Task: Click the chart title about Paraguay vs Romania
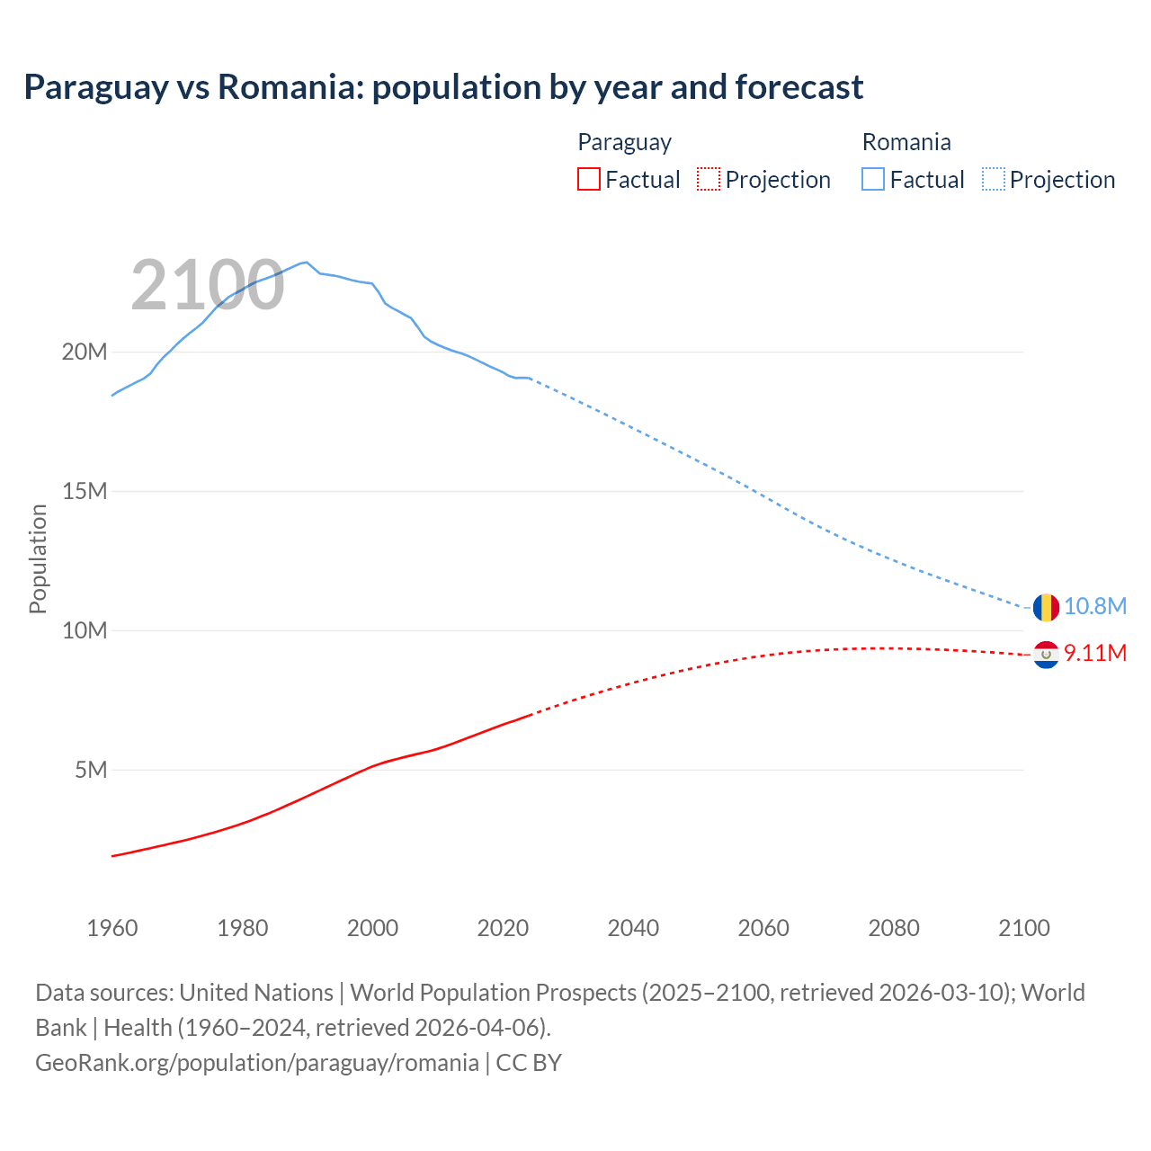tap(443, 87)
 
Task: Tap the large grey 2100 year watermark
tap(208, 285)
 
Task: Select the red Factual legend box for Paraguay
tap(588, 179)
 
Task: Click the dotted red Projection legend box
tap(709, 179)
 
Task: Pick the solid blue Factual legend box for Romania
tap(872, 179)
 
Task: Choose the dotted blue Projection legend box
tap(994, 179)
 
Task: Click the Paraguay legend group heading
tap(624, 142)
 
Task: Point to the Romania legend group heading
tap(906, 142)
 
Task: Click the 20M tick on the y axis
tap(85, 352)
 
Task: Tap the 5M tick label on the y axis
tap(91, 770)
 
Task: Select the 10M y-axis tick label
tap(85, 630)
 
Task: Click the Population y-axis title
tap(38, 558)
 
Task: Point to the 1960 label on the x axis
tap(112, 928)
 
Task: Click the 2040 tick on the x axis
tap(633, 928)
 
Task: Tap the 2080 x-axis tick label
tap(894, 928)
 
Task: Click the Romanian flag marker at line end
tap(1046, 607)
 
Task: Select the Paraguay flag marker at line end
tap(1046, 654)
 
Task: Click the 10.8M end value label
tap(1094, 606)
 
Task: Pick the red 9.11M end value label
tap(1094, 653)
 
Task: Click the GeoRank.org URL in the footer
tap(257, 1063)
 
